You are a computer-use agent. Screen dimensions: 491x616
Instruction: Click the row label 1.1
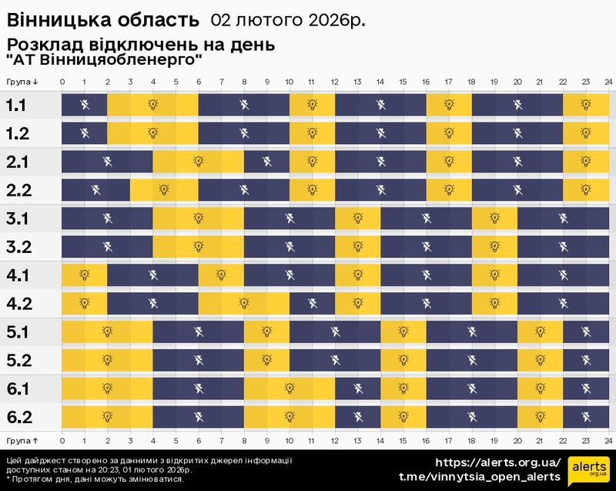(x=18, y=105)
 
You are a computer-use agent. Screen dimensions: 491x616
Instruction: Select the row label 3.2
(x=18, y=247)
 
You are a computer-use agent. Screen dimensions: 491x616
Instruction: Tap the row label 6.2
(x=18, y=418)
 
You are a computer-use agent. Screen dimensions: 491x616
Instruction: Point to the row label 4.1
(x=18, y=275)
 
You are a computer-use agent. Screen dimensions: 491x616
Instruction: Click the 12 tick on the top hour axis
(x=335, y=81)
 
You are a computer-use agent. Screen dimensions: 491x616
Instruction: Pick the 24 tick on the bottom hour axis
(x=608, y=441)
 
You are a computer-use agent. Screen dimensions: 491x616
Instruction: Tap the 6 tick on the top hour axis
(x=199, y=81)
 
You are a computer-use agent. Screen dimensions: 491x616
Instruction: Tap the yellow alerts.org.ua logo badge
(x=587, y=470)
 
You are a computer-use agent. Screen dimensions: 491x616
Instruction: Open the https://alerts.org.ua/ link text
(x=498, y=462)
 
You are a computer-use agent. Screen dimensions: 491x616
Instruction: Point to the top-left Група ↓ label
(x=22, y=81)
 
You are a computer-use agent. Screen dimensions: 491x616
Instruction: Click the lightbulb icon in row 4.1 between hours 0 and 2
(x=85, y=275)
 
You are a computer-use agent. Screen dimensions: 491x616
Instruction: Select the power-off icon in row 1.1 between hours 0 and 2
(x=85, y=105)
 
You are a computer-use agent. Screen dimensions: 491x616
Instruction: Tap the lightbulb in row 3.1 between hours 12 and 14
(x=357, y=219)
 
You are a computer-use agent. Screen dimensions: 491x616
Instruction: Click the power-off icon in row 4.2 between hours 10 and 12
(x=312, y=304)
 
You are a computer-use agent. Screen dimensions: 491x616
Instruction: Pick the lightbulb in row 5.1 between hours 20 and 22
(x=539, y=332)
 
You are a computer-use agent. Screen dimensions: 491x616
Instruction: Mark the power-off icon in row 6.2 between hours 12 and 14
(x=357, y=418)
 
